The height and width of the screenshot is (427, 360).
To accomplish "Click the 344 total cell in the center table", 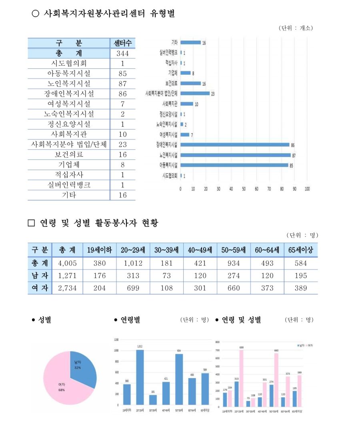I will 122,53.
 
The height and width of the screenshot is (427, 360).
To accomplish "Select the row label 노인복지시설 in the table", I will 69,84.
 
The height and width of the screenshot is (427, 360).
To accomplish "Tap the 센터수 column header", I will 122,43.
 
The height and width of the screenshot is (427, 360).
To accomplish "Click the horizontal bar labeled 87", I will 235,155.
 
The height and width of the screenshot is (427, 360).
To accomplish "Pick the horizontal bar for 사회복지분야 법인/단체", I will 195,93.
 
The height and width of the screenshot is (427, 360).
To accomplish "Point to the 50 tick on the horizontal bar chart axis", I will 244,188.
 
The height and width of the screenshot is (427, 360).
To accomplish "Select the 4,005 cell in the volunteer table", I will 67,263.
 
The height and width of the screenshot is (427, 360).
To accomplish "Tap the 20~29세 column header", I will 133,250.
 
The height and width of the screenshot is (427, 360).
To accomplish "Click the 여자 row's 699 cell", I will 133,288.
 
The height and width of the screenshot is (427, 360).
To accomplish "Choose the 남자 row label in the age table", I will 40,275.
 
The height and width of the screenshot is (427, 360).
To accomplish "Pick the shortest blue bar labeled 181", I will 153,400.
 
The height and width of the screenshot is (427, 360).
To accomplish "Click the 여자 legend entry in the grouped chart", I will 310,345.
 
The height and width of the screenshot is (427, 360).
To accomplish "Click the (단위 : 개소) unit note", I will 296,28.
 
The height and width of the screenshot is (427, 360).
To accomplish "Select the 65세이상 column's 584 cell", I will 300,263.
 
